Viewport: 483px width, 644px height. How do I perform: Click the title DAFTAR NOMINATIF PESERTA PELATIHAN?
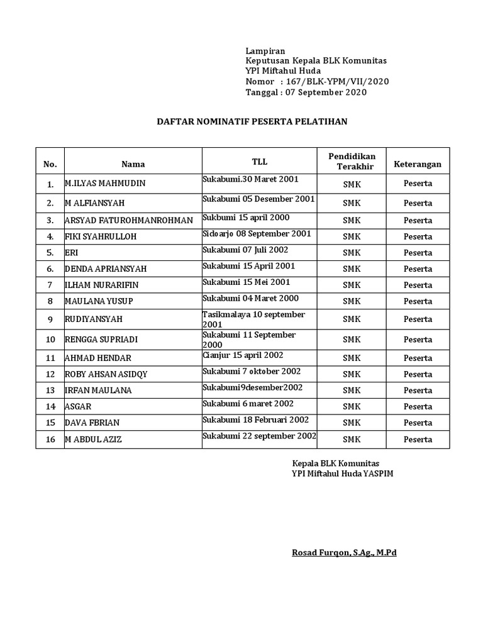[x=252, y=121]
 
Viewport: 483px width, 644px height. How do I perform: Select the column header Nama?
[x=133, y=164]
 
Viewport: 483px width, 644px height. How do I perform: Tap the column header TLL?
[x=259, y=162]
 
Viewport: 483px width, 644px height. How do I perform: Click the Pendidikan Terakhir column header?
[x=352, y=161]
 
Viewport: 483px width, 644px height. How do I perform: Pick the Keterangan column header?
[x=418, y=164]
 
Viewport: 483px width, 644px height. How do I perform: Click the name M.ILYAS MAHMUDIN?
[x=105, y=184]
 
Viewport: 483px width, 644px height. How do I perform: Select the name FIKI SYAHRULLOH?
[x=101, y=237]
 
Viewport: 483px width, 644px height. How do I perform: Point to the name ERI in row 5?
[x=71, y=253]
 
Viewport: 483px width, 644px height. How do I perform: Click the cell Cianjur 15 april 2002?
[x=243, y=355]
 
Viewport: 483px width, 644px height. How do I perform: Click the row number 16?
[x=50, y=439]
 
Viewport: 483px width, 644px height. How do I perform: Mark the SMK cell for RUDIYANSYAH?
[x=352, y=319]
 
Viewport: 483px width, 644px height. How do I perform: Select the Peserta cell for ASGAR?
[x=418, y=407]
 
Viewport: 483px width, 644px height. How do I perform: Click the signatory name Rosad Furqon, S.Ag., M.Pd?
[x=344, y=553]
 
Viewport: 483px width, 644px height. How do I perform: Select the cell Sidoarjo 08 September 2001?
[x=257, y=233]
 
